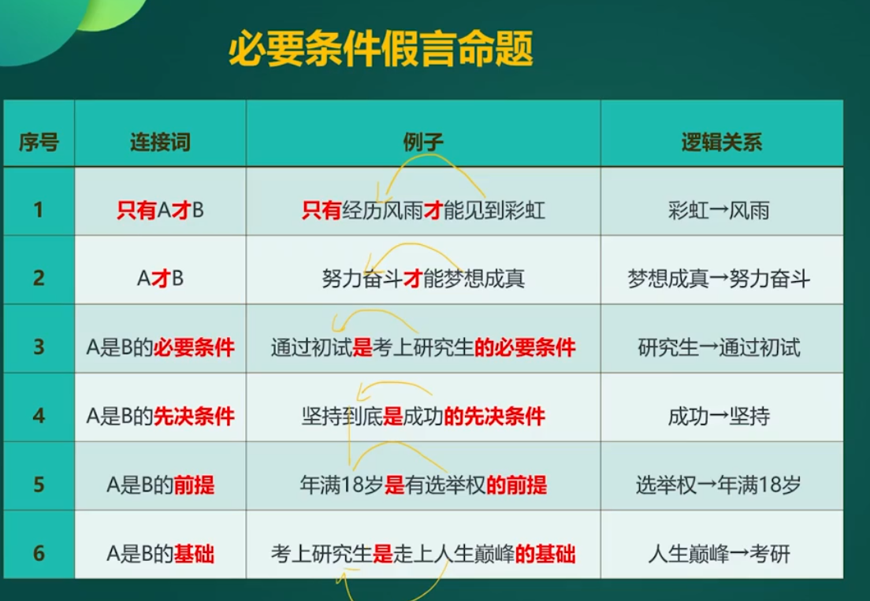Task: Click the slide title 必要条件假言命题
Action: pos(381,49)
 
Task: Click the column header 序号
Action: pos(39,143)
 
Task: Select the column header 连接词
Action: pos(160,143)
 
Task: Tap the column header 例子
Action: pos(423,143)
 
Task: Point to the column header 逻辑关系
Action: pos(722,143)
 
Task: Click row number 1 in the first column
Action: pos(39,210)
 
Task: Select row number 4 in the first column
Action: pos(39,416)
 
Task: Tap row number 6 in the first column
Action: pos(39,553)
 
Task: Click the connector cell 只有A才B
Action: pos(160,210)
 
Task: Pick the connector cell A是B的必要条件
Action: pos(160,347)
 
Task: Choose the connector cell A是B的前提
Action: pos(160,485)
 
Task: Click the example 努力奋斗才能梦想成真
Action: pos(423,278)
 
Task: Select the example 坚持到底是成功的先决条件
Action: pos(423,416)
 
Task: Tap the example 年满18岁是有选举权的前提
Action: pos(423,485)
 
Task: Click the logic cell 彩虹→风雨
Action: pos(719,210)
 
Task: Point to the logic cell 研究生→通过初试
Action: pos(719,347)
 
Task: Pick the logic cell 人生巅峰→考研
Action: pos(719,553)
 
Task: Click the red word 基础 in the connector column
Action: pos(194,553)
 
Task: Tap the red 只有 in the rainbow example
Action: pos(322,210)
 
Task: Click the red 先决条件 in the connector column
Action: pos(194,416)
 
